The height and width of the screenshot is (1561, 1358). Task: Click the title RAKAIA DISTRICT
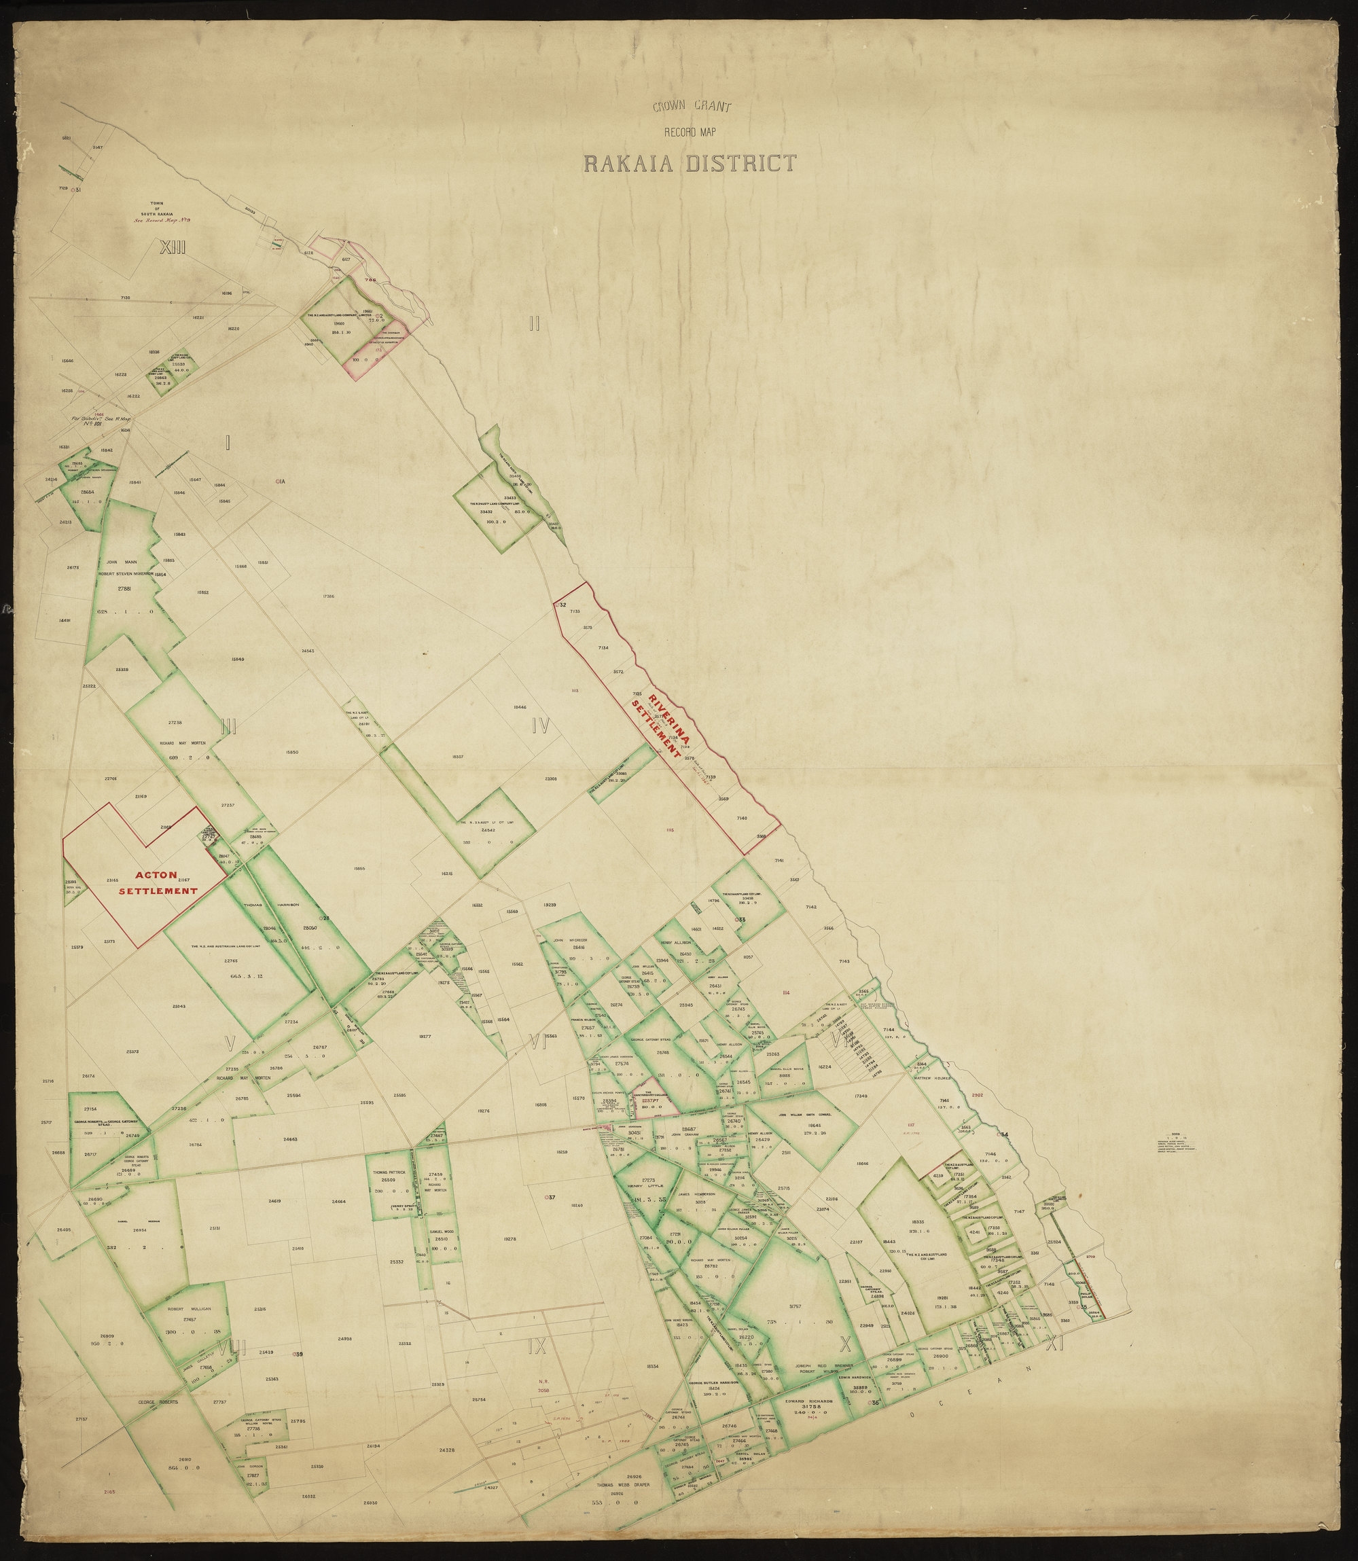[x=689, y=164]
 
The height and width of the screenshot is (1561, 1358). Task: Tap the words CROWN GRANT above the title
[x=691, y=107]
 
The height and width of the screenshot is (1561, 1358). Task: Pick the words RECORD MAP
[x=690, y=132]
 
